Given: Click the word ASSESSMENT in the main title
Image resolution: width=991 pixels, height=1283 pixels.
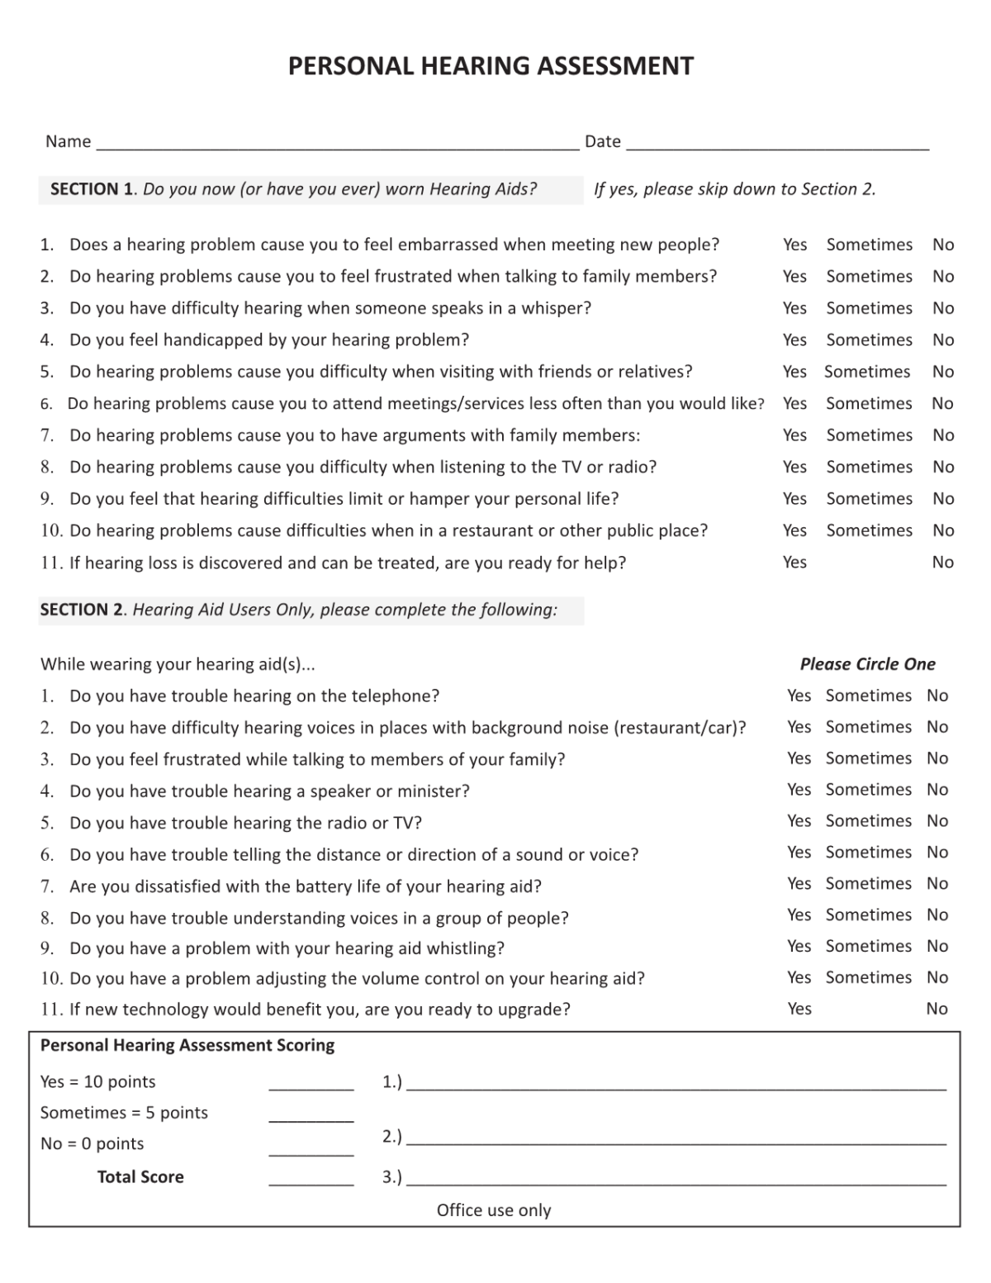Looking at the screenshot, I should tap(615, 66).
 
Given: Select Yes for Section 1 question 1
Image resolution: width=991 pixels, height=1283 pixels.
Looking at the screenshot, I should tap(794, 245).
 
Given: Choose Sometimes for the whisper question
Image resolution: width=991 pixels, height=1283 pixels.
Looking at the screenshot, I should tap(869, 308).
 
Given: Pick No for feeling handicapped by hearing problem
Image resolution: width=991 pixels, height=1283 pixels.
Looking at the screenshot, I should tap(943, 340).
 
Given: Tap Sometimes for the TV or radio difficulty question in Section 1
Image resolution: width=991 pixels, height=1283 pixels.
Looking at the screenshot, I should tap(869, 467).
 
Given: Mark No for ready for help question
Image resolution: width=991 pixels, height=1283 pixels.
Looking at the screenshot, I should tap(942, 563).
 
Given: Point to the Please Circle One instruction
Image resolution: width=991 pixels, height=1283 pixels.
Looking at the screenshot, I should tap(867, 664).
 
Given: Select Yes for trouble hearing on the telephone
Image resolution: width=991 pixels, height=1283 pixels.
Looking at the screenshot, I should tap(799, 696).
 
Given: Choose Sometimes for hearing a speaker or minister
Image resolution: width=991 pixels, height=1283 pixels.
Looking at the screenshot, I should tap(868, 790).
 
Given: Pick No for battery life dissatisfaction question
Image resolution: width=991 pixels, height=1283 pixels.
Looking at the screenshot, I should tap(936, 884).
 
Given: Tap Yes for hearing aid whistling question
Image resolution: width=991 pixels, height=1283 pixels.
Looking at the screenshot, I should tap(799, 946).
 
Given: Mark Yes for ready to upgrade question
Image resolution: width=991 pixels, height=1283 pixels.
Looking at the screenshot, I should tap(799, 1009).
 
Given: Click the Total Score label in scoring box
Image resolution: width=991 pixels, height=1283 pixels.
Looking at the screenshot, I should tap(140, 1177).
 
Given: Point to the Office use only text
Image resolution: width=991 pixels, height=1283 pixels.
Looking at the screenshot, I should tap(493, 1210).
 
